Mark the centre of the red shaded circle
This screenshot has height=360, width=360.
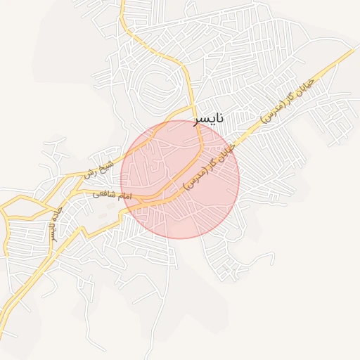coord(180,179)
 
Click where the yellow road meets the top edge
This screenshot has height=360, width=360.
coord(122,2)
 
